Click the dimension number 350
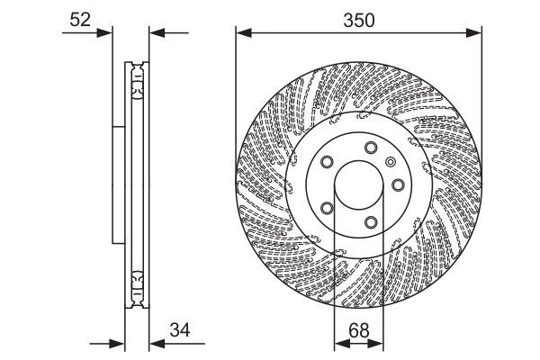pos(358,21)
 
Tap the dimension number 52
pos(80,20)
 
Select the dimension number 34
pos(180,330)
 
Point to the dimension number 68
pos(358,330)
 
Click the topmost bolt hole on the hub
pos(371,148)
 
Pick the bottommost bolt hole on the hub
pos(371,222)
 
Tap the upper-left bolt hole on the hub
pos(327,162)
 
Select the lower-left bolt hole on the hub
pos(327,208)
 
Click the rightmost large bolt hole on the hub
pos(398,185)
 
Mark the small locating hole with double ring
pos(391,162)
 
